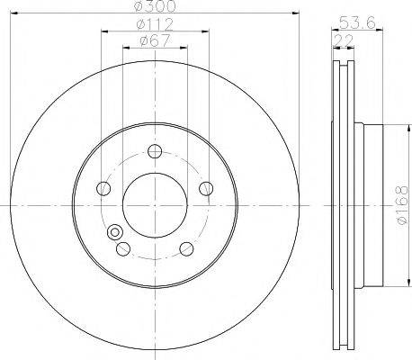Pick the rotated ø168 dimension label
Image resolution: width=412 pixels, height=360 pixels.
(x=400, y=206)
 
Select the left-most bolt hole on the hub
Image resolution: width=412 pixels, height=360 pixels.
(x=104, y=188)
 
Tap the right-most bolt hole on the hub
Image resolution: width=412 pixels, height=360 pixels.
(x=206, y=188)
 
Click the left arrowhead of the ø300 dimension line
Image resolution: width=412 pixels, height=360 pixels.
(x=17, y=13)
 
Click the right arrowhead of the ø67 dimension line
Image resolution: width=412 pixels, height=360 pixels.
(x=184, y=48)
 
